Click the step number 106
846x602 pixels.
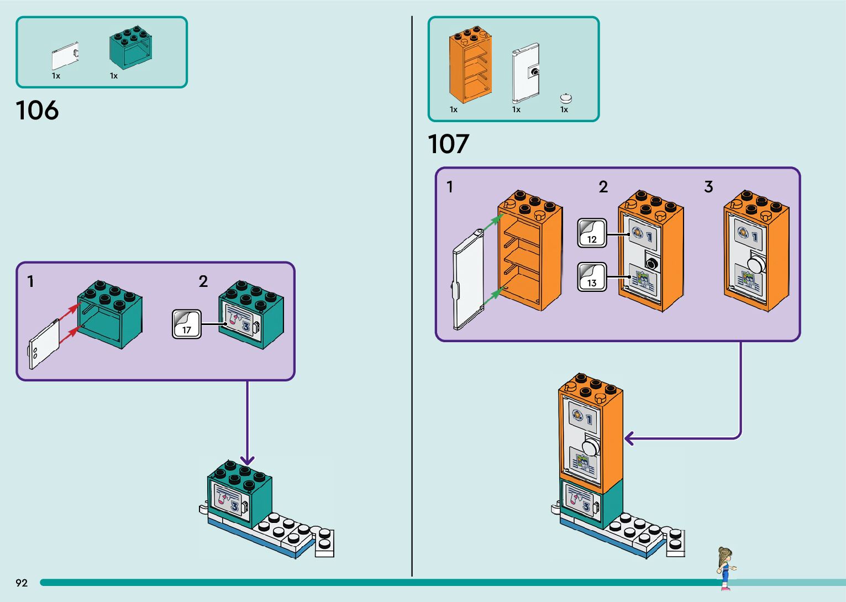point(37,111)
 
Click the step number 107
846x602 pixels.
point(448,144)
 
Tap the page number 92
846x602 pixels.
point(22,583)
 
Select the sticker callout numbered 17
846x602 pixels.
point(187,324)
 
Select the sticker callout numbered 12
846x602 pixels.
point(592,233)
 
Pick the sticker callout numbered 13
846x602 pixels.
point(592,277)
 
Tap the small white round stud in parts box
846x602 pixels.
point(566,98)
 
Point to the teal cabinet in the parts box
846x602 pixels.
point(130,49)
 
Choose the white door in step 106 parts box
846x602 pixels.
point(65,56)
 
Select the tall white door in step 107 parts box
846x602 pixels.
point(526,73)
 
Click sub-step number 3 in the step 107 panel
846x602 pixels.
point(708,187)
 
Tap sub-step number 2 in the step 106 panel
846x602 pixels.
point(203,281)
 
